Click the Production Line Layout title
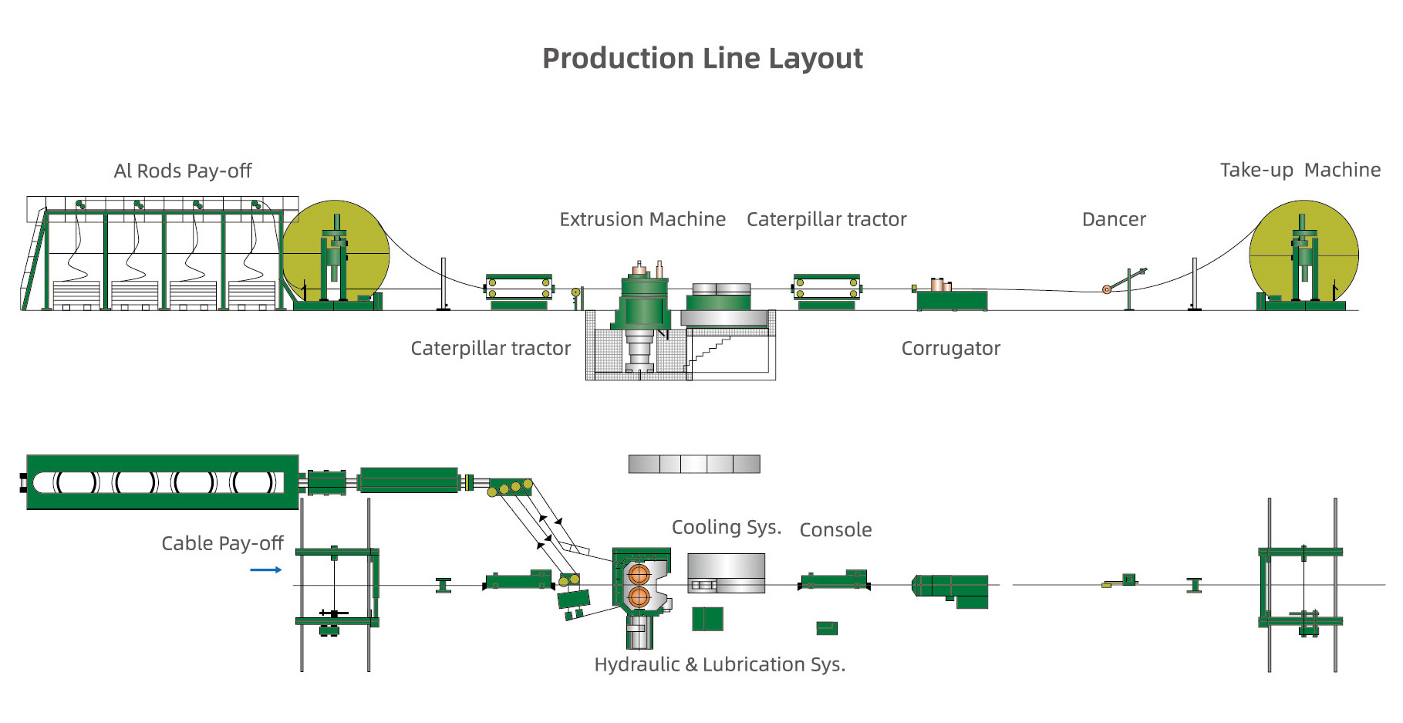click(x=702, y=59)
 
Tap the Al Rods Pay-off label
click(x=183, y=171)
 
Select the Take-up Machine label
click(x=1300, y=170)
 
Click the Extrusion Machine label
click(x=642, y=219)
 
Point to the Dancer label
click(x=1114, y=219)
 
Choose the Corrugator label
click(x=950, y=348)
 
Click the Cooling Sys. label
click(x=727, y=527)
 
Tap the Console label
click(x=835, y=529)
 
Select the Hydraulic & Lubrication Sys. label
click(x=720, y=664)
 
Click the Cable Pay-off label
click(x=222, y=543)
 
